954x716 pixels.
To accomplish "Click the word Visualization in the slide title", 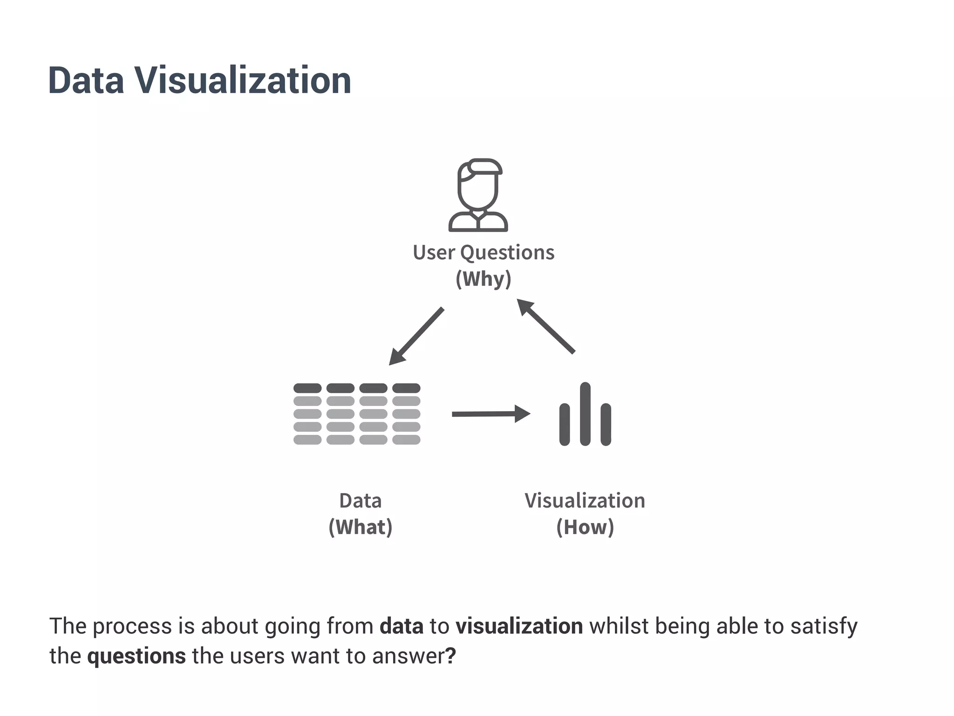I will click(243, 81).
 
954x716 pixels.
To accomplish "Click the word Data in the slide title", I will click(86, 81).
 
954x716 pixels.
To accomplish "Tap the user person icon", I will click(478, 195).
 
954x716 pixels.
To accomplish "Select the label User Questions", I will click(484, 253).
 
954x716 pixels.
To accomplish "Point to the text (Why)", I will click(484, 279).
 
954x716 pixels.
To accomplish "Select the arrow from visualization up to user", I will click(546, 326).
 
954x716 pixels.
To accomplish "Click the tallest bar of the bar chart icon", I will click(586, 413).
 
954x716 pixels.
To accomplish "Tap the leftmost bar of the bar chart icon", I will click(565, 424).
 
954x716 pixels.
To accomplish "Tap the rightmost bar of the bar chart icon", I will click(606, 424).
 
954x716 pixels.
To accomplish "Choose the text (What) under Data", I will click(361, 527).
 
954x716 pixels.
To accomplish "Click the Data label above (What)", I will click(361, 501).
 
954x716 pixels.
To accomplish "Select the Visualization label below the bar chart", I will click(585, 501).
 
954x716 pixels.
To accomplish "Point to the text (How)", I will click(585, 527).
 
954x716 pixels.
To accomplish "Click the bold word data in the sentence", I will click(402, 626).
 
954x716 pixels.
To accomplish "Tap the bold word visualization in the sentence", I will click(519, 626).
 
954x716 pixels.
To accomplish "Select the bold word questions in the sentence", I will click(136, 656).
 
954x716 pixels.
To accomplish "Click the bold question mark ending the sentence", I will click(450, 656).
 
